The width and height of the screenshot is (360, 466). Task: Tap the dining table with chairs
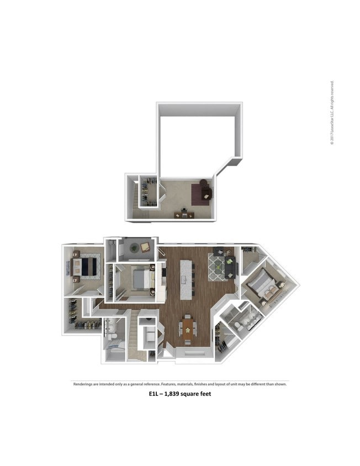pos(188,330)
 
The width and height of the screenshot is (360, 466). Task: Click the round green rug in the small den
pos(135,248)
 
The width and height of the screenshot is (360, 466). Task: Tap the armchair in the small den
pos(146,247)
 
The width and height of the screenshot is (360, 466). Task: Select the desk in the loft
pos(184,215)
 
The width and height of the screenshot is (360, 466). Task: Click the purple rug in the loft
pos(199,194)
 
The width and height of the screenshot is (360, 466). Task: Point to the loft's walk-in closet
pos(149,192)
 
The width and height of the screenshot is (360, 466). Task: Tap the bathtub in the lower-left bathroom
pos(115,347)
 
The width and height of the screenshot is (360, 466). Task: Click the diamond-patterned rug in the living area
pos(215,267)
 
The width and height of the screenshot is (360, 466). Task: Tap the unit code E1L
pos(154,394)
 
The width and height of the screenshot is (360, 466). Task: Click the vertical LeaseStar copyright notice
pos(332,114)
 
